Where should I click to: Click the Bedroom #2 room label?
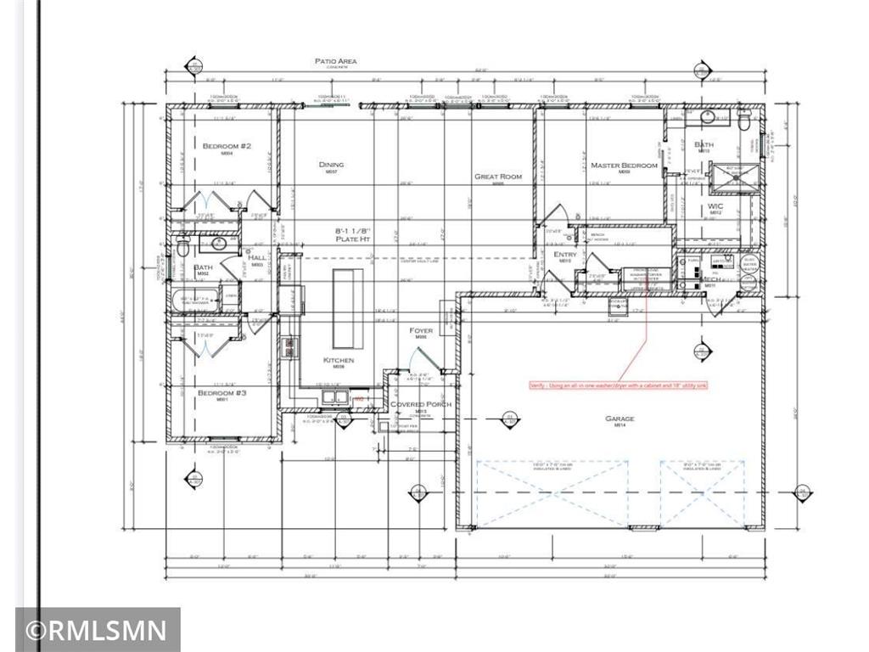pyautogui.click(x=226, y=146)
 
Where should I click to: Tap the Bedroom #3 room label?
pyautogui.click(x=221, y=393)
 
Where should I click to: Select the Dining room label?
pyautogui.click(x=331, y=165)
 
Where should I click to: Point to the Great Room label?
pyautogui.click(x=498, y=177)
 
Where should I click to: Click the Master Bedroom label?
pyautogui.click(x=624, y=166)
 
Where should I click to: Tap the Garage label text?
pyautogui.click(x=620, y=419)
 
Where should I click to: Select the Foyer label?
pyautogui.click(x=421, y=330)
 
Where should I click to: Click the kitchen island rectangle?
pyautogui.click(x=347, y=308)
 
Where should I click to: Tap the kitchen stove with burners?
pyautogui.click(x=290, y=346)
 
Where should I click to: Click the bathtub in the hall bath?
pyautogui.click(x=194, y=300)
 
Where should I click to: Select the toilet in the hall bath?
pyautogui.click(x=181, y=246)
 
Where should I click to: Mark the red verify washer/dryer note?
pyautogui.click(x=618, y=385)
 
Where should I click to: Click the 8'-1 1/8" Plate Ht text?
pyautogui.click(x=355, y=234)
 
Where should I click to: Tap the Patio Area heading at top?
pyautogui.click(x=335, y=61)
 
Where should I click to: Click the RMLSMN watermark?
pyautogui.click(x=97, y=631)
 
